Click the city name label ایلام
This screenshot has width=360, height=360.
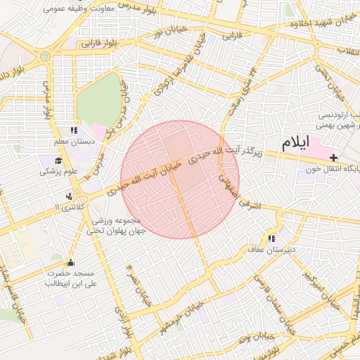click(x=295, y=143)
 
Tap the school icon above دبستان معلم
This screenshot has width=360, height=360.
click(x=74, y=130)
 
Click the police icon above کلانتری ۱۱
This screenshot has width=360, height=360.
click(x=69, y=196)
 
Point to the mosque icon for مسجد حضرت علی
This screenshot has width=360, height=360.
click(x=70, y=262)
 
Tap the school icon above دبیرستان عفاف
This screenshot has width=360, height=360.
click(x=271, y=239)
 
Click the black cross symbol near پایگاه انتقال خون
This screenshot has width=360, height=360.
click(x=333, y=157)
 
